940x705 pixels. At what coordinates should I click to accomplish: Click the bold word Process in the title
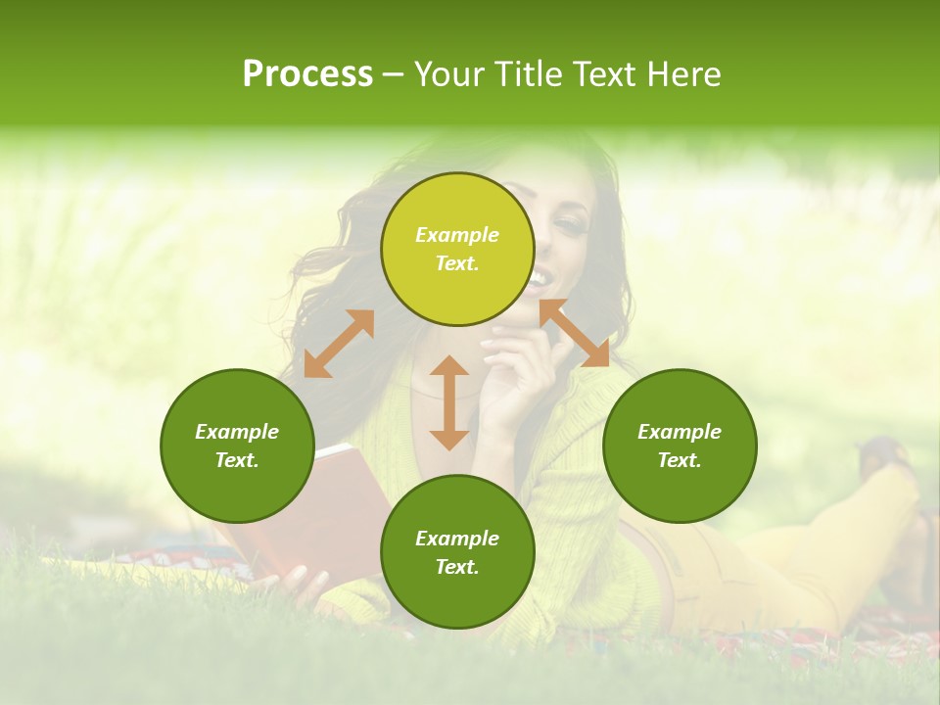307,74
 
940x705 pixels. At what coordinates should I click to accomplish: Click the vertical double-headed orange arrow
449,402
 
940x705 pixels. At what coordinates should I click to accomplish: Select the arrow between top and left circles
339,344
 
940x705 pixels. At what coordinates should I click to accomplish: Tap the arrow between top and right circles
574,334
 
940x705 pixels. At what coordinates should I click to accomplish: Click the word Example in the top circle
457,235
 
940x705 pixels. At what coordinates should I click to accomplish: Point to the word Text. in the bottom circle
457,567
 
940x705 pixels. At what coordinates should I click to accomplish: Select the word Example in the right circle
680,432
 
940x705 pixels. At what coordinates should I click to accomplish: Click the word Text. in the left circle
237,460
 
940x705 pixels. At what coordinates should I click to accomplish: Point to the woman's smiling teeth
538,280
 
